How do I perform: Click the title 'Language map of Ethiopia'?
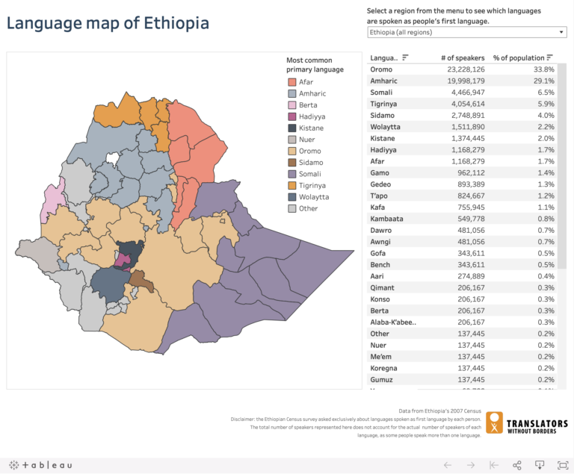click(x=108, y=23)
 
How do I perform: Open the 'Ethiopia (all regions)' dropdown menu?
click(x=466, y=33)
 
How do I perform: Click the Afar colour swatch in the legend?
click(x=292, y=82)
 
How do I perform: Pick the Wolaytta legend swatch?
click(x=292, y=197)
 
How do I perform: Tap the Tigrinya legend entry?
click(x=312, y=185)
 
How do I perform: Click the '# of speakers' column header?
click(x=462, y=57)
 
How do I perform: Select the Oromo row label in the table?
click(x=382, y=69)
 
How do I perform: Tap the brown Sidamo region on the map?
click(x=140, y=281)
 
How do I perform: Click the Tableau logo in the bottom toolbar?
click(x=41, y=465)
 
